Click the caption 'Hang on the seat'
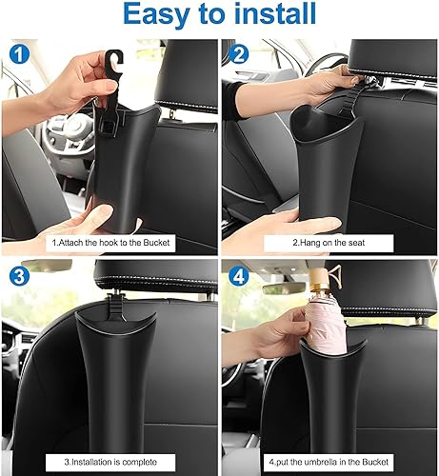(329, 241)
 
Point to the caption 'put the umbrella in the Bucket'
(329, 462)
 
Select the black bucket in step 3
(115, 371)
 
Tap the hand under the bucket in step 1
(95, 227)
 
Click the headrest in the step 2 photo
(381, 62)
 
